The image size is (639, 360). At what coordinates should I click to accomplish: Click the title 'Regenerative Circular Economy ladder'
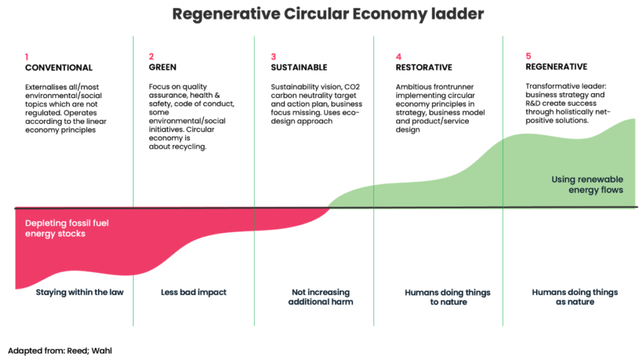coord(319,14)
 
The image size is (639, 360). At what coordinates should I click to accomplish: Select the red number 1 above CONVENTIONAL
coord(27,56)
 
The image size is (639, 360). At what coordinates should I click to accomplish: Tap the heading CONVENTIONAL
coord(59,67)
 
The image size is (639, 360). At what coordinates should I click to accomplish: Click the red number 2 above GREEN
coord(151,56)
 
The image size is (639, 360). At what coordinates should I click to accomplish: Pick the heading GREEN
coord(162,67)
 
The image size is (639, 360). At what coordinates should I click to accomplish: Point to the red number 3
coord(273,56)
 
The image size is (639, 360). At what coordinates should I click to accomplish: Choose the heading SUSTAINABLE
coord(299,67)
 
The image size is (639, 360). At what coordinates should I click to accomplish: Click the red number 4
coord(398,56)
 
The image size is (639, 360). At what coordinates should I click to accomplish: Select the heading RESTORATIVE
coord(424,67)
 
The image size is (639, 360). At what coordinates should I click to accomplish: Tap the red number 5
coord(528,56)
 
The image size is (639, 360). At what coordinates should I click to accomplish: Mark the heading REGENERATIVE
coord(556,67)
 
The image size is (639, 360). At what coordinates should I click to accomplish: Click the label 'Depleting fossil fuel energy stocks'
coord(67,228)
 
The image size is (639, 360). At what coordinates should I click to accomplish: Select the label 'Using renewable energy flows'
coord(587,185)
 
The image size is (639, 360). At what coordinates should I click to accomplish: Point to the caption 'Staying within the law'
coord(79,292)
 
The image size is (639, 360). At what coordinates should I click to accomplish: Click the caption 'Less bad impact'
coord(193,292)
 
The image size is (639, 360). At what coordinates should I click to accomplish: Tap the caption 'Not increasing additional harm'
coord(320,297)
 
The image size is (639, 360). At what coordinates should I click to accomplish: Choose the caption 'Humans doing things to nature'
coord(447,297)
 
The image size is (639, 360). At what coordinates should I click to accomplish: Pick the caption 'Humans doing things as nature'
coord(575,297)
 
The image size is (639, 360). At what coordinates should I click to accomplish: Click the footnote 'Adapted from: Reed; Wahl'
coord(60,351)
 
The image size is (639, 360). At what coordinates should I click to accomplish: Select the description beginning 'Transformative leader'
coord(568,103)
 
